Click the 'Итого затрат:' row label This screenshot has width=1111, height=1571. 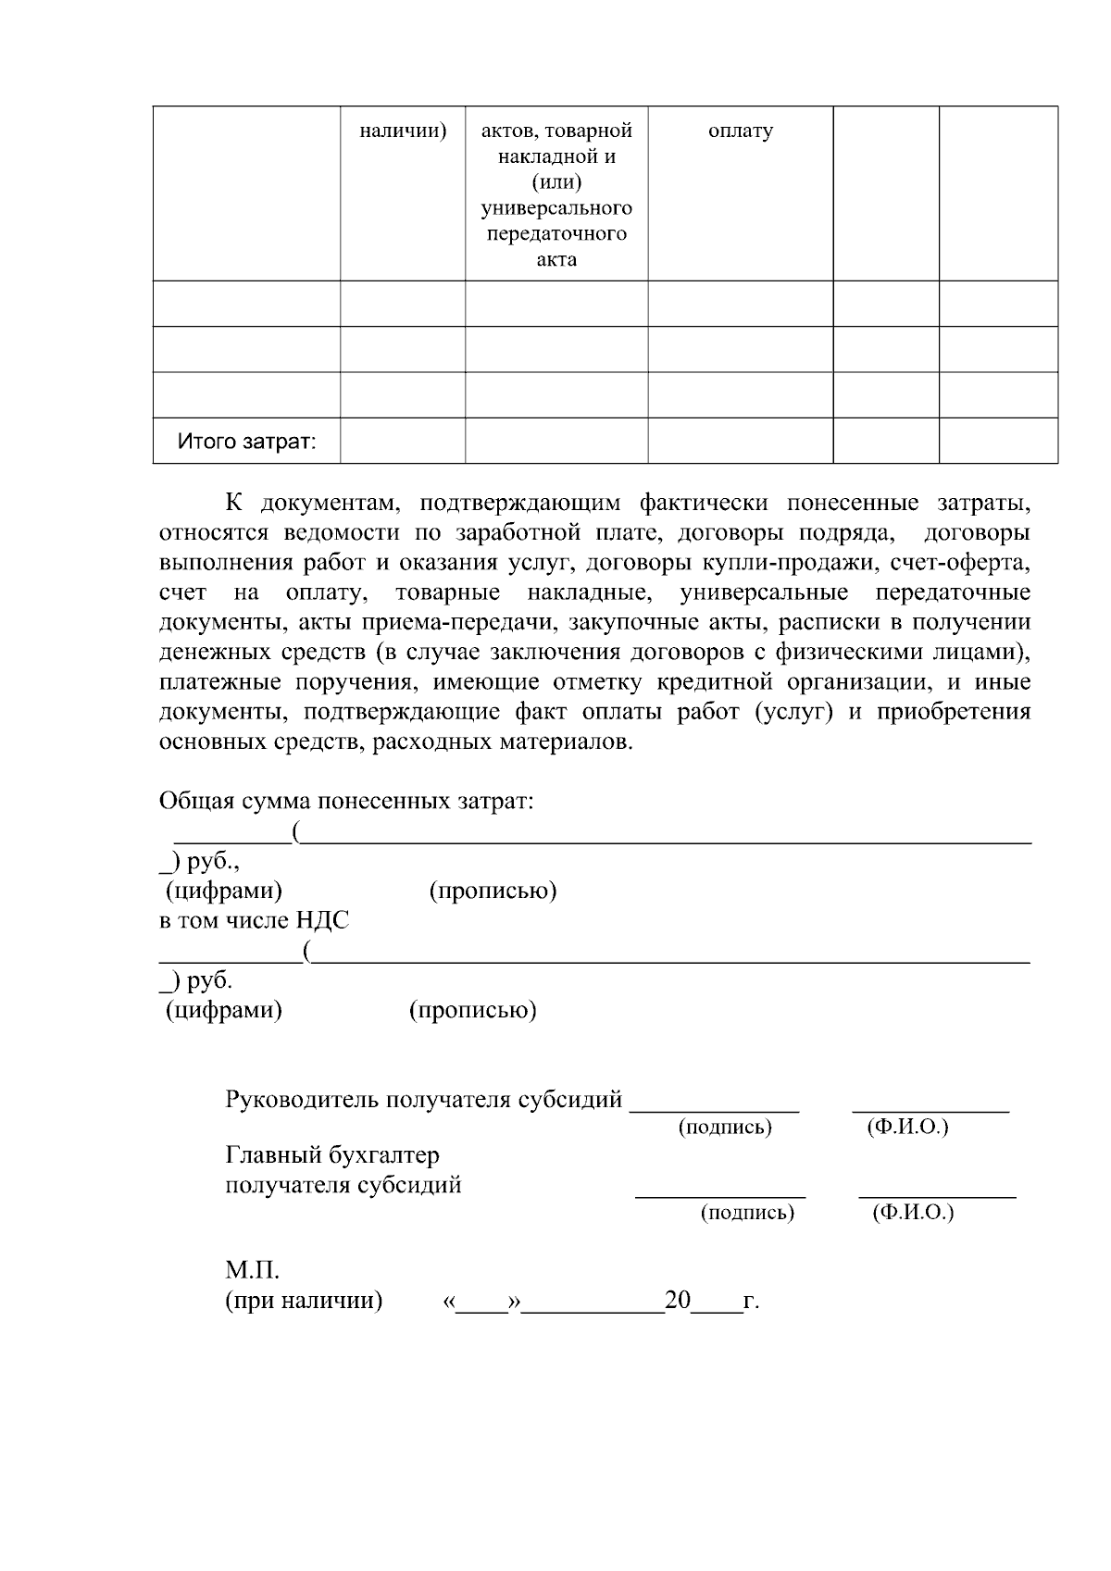click(246, 442)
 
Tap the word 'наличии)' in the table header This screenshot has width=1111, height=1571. click(403, 131)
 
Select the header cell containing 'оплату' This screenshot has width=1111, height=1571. click(740, 193)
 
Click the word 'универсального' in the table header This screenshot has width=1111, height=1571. click(556, 207)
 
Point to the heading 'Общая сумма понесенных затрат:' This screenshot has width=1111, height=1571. click(346, 801)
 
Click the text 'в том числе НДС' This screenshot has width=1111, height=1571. click(254, 920)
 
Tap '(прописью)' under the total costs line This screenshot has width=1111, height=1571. click(493, 891)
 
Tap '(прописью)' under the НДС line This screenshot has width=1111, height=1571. click(472, 1010)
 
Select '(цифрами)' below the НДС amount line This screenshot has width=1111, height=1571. click(223, 1010)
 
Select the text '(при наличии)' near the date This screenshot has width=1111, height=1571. click(304, 1301)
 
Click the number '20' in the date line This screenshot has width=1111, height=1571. click(678, 1301)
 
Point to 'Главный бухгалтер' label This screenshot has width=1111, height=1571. click(332, 1155)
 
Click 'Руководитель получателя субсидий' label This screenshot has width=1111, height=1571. click(423, 1100)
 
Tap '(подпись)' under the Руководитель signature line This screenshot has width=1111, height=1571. click(725, 1128)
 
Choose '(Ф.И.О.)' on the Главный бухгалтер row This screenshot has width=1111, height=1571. click(913, 1213)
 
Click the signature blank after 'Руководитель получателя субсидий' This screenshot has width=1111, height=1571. click(714, 1103)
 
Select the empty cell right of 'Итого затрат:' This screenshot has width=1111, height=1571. click(402, 441)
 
